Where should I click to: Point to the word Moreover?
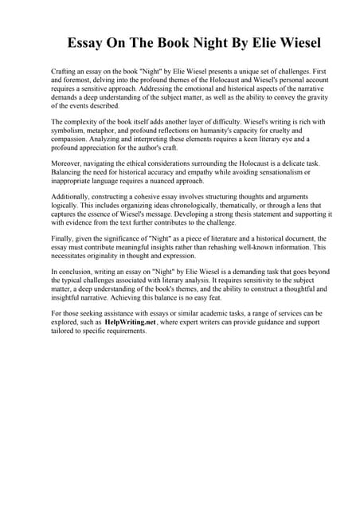click(x=68, y=163)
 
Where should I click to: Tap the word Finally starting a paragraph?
click(x=64, y=238)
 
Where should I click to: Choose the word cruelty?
click(x=272, y=130)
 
